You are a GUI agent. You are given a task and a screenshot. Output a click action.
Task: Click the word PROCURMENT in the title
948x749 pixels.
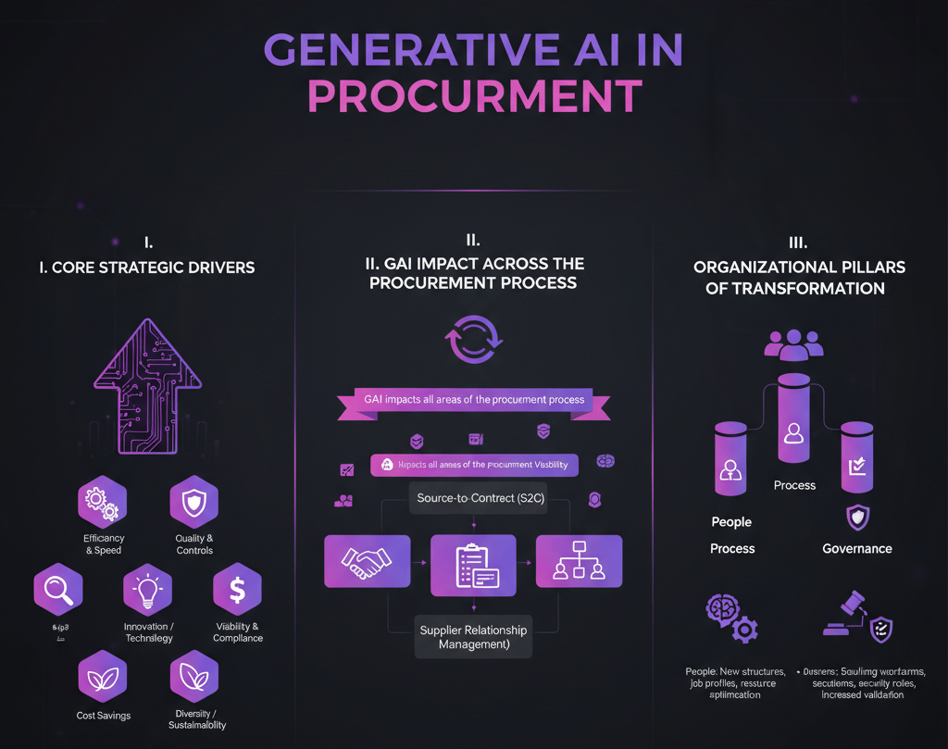point(474,96)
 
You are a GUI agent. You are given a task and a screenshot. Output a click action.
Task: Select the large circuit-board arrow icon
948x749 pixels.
point(148,386)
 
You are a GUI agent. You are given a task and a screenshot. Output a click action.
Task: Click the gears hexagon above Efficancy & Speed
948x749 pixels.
point(102,502)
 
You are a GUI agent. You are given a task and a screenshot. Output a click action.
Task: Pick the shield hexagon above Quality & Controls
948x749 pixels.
point(193,502)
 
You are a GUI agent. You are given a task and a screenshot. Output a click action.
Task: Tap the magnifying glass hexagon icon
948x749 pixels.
point(58,591)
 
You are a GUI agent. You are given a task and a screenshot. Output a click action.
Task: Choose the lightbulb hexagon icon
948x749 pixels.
point(148,591)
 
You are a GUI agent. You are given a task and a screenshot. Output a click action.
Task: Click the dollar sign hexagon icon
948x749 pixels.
point(237,591)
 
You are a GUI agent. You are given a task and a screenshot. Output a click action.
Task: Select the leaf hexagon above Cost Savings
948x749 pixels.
point(103,679)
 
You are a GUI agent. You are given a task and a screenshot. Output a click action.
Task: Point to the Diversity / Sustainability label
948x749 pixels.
point(194,719)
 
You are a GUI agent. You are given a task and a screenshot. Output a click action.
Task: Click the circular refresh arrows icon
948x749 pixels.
point(473,340)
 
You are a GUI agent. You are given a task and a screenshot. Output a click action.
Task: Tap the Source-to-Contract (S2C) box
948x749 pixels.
point(473,498)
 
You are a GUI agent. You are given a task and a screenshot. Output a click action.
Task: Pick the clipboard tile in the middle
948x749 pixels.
point(473,564)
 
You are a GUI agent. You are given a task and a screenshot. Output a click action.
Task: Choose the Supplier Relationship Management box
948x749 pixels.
point(473,637)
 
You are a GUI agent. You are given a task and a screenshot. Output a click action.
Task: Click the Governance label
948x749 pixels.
point(857,548)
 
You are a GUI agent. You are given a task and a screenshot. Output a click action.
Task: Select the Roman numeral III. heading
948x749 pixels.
point(798,243)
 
